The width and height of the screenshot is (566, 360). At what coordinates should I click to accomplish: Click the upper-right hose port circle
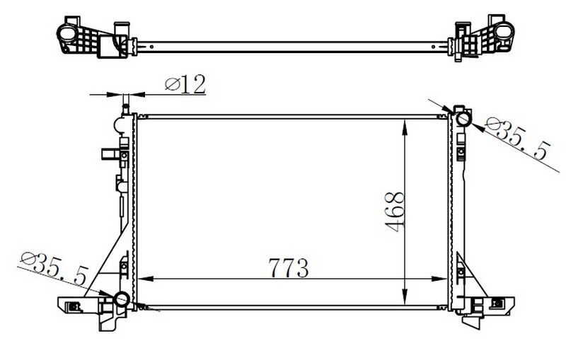coord(463,118)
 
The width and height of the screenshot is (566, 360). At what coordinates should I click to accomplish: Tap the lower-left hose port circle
coord(122,299)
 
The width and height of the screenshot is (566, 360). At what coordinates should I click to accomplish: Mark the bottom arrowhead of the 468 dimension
coord(403,301)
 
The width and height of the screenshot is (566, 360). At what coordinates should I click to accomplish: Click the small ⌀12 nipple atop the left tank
coord(125,108)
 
